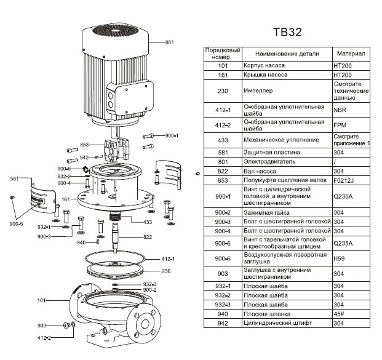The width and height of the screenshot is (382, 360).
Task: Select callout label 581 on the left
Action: pyautogui.click(x=15, y=179)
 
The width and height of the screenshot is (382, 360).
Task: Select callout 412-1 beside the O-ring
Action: pyautogui.click(x=169, y=259)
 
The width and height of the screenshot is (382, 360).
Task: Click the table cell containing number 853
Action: pyautogui.click(x=222, y=180)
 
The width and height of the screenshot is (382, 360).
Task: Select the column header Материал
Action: pyautogui.click(x=351, y=54)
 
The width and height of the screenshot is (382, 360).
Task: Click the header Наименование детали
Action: pyautogui.click(x=284, y=54)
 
